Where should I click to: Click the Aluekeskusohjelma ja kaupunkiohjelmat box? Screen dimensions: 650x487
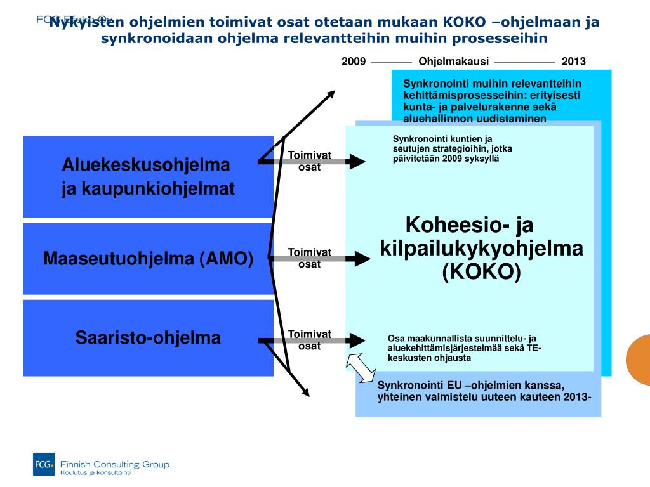pos(148,176)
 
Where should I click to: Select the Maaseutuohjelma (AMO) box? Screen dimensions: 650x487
pos(148,259)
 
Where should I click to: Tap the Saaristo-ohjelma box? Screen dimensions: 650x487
pos(148,337)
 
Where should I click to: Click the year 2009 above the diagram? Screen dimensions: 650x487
pos(354,62)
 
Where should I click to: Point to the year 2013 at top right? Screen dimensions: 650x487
pos(574,62)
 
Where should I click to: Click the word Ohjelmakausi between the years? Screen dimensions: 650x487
pos(454,62)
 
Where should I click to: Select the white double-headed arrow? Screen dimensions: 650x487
pos(361,368)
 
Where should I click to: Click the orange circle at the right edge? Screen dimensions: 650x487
pos(639,360)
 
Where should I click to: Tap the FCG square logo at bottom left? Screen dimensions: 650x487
pos(44,464)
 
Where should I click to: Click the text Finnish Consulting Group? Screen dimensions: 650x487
pos(114,464)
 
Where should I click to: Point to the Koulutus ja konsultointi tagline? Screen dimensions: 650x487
pos(95,473)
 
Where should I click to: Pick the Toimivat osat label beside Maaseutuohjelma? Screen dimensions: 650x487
pos(310,258)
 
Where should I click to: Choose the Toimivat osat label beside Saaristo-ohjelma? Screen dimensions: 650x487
pos(310,340)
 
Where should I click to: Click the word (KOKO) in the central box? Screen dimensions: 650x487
pos(481,272)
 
